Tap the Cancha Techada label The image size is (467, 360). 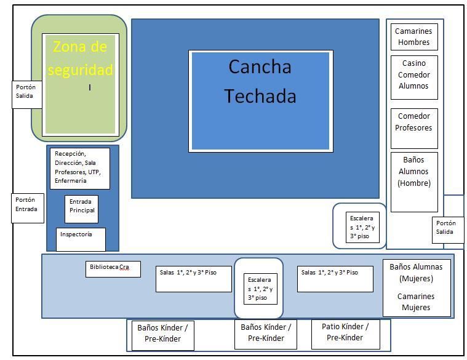tap(260, 81)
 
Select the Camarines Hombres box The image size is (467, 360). tap(413, 37)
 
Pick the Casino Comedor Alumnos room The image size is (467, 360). tap(413, 75)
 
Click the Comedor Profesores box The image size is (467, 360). tap(413, 122)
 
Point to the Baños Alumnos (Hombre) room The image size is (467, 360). tap(413, 172)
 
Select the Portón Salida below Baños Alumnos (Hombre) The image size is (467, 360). tap(447, 228)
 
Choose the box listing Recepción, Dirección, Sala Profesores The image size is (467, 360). tap(79, 167)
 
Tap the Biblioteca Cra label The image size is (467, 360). tap(113, 268)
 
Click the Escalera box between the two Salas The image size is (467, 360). tap(260, 289)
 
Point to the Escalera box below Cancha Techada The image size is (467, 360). tap(362, 227)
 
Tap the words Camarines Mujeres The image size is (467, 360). tap(417, 302)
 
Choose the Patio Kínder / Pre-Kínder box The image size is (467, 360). tap(345, 332)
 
